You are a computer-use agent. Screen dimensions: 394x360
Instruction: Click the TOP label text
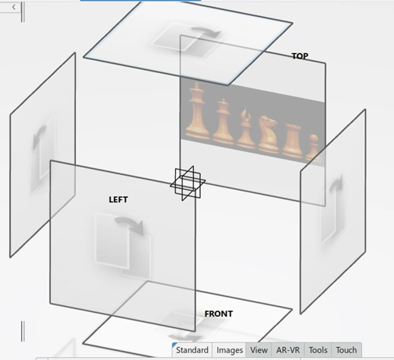point(300,56)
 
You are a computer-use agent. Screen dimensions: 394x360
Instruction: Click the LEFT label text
point(118,199)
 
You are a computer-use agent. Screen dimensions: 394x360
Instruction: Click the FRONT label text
point(218,314)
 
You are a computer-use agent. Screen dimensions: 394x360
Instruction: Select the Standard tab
point(192,350)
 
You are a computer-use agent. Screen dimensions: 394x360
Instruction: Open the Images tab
point(230,350)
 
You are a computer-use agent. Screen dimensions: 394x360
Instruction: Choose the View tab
point(259,350)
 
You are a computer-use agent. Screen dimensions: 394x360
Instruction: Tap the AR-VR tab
point(288,350)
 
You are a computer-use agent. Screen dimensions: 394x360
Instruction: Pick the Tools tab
point(318,350)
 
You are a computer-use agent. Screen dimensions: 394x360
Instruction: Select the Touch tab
point(346,350)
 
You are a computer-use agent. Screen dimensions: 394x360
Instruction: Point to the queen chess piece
point(223,121)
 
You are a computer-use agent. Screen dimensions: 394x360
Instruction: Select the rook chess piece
point(292,140)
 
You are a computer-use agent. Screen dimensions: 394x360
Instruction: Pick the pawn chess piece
point(313,148)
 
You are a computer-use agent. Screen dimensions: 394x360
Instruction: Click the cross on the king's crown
point(197,84)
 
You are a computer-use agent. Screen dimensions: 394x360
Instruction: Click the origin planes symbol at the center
point(188,183)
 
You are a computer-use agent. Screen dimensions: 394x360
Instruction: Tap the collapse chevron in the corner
point(14,7)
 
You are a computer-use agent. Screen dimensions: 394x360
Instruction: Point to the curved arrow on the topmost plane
point(206,32)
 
